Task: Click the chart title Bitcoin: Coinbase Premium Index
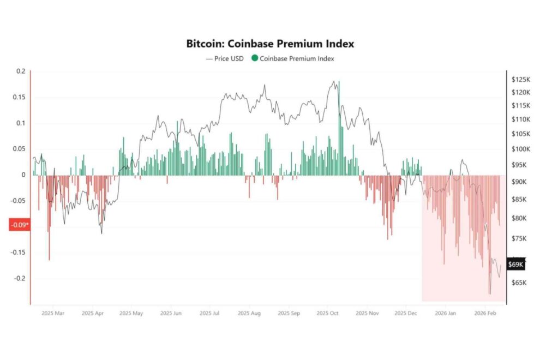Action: coord(270,44)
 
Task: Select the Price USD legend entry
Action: coord(225,58)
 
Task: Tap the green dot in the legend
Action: coord(255,58)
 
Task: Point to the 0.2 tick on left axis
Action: coord(21,71)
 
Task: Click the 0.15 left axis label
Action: coord(20,97)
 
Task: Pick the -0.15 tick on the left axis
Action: coord(18,253)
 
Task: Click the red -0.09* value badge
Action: coord(19,225)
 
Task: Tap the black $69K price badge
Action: coord(516,265)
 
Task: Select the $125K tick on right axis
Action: coord(521,80)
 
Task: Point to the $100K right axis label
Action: coord(521,149)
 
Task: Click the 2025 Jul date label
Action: coord(209,314)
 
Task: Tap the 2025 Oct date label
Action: coord(327,314)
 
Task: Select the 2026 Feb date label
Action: coord(485,314)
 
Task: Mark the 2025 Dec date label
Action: coord(405,314)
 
